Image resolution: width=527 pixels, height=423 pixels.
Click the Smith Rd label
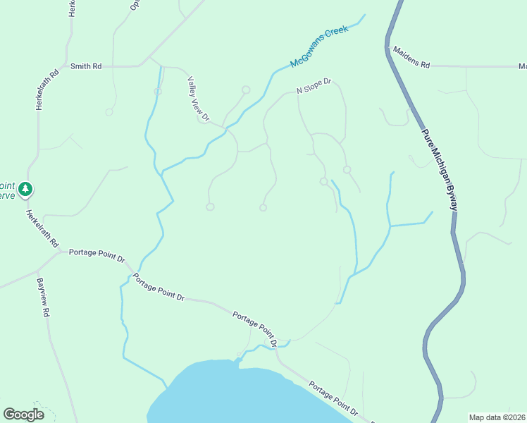click(x=86, y=66)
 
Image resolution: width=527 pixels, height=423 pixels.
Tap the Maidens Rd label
click(x=411, y=57)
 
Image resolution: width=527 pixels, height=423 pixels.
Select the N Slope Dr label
click(x=314, y=86)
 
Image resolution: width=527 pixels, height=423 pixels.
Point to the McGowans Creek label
click(x=320, y=53)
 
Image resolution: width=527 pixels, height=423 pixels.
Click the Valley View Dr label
click(x=198, y=99)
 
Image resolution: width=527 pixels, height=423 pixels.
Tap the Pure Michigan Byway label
click(x=440, y=169)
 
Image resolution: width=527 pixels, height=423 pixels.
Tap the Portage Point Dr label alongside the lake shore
click(x=333, y=400)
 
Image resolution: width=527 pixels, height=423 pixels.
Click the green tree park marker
click(x=26, y=189)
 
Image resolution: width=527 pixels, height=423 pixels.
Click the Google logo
click(x=23, y=414)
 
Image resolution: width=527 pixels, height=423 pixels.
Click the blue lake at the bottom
click(x=232, y=395)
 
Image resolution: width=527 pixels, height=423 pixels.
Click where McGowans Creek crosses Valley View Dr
click(x=227, y=128)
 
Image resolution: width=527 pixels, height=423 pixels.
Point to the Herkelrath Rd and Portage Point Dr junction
click(x=62, y=252)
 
